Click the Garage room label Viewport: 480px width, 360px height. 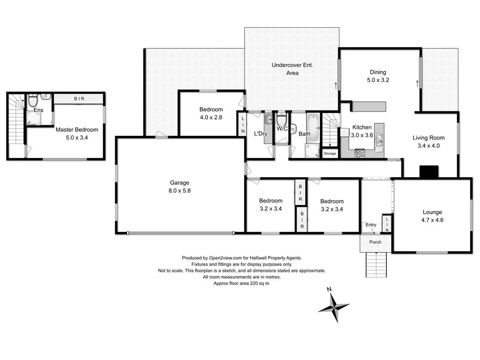180,183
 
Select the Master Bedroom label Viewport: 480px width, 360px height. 77,130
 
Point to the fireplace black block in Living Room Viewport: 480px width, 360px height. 428,172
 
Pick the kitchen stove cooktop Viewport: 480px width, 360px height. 360,153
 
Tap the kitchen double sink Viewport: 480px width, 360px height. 379,141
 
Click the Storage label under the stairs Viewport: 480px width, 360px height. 330,153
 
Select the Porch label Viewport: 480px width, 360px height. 375,242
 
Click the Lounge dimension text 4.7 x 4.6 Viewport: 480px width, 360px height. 432,221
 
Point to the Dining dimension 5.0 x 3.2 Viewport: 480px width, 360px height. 378,80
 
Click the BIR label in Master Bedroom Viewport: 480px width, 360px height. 78,99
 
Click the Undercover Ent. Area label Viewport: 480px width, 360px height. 292,69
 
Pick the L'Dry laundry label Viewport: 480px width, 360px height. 260,134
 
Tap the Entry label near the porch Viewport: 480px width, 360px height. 370,225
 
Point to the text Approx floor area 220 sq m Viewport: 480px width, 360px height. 241,284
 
